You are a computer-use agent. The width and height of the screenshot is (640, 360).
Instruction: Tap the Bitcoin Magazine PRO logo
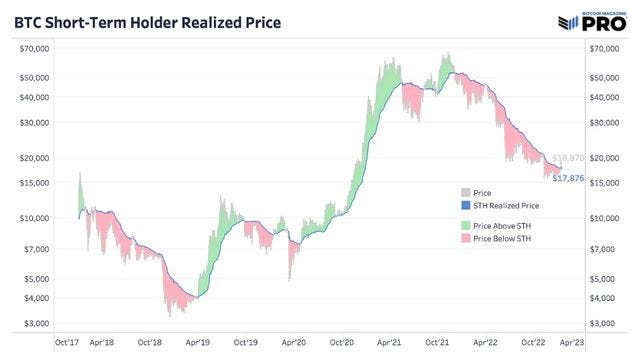pos(594,19)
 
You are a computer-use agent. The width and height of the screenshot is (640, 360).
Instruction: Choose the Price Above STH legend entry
pos(505,227)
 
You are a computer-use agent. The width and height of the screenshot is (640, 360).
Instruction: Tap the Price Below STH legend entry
pos(505,239)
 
